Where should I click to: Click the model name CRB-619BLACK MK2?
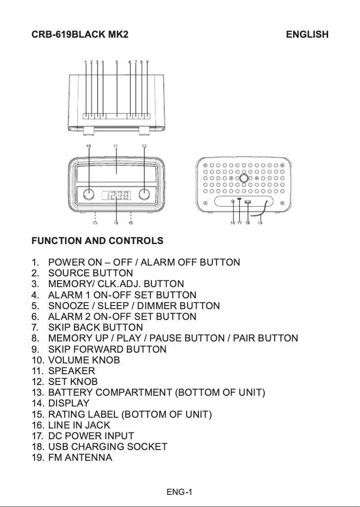pyautogui.click(x=80, y=35)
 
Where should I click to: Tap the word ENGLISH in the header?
pyautogui.click(x=307, y=35)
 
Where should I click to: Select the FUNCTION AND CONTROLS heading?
pyautogui.click(x=97, y=241)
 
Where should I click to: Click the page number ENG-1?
pyautogui.click(x=180, y=492)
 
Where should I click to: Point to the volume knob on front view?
pyautogui.click(x=89, y=195)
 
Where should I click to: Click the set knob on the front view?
pyautogui.click(x=144, y=195)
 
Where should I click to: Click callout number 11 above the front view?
pyautogui.click(x=115, y=146)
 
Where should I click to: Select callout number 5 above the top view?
pyautogui.click(x=117, y=62)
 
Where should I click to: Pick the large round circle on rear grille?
pyautogui.click(x=243, y=178)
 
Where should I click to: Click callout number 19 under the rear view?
pyautogui.click(x=260, y=223)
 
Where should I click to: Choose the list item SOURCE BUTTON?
pyautogui.click(x=90, y=273)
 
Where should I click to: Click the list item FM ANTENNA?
pyautogui.click(x=80, y=458)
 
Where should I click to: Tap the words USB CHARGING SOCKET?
pyautogui.click(x=107, y=447)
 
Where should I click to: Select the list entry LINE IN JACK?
pyautogui.click(x=79, y=425)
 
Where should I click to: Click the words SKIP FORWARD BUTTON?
pyautogui.click(x=107, y=349)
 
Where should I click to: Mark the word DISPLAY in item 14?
pyautogui.click(x=69, y=403)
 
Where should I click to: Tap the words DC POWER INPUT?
pyautogui.click(x=91, y=436)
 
